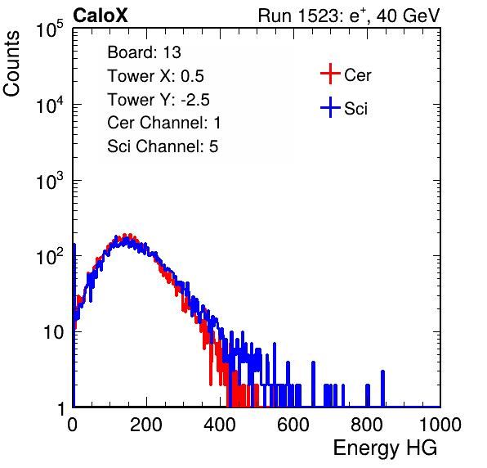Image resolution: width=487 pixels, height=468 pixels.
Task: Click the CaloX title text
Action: (x=100, y=16)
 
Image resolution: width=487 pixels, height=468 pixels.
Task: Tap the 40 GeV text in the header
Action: (x=408, y=16)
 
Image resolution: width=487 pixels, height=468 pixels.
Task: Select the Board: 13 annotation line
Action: (x=144, y=52)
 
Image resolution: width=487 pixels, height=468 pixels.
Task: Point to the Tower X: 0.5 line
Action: (x=155, y=76)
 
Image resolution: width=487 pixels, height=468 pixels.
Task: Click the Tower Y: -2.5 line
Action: (x=159, y=100)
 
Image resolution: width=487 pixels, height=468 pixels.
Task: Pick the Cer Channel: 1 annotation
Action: (x=164, y=123)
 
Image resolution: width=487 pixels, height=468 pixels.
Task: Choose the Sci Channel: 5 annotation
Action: (x=163, y=146)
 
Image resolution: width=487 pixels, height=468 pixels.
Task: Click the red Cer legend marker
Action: (x=330, y=74)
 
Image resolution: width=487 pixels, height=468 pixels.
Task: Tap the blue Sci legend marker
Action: (x=330, y=107)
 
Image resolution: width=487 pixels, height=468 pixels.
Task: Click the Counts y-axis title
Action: (x=11, y=64)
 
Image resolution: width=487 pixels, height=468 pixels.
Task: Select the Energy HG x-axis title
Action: (x=385, y=448)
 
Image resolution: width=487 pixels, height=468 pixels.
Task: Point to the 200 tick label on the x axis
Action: (x=146, y=425)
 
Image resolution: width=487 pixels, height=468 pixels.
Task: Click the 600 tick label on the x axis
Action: (x=293, y=425)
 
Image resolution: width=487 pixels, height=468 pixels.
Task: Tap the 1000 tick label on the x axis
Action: (x=440, y=425)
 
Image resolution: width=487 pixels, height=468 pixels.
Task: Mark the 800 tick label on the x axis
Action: (x=367, y=425)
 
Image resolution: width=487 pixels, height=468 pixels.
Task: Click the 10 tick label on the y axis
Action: (x=54, y=332)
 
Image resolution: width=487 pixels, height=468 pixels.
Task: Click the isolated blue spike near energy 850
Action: (x=382, y=389)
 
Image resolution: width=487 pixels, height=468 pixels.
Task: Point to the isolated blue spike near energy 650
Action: (x=313, y=385)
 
